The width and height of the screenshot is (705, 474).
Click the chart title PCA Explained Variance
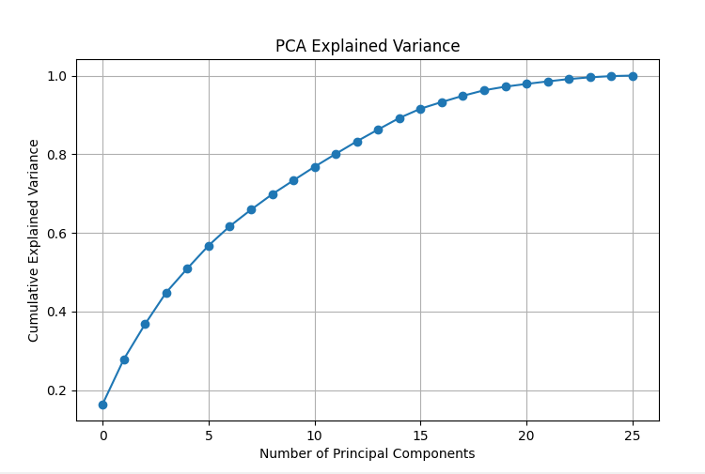tap(368, 46)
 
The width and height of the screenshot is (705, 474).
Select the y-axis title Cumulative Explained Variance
tap(34, 240)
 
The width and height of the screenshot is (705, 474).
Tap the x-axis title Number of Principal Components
tap(368, 453)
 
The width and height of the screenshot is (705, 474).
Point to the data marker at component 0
tap(102, 405)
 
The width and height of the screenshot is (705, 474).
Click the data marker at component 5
tap(209, 246)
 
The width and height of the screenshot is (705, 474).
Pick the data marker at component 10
tap(315, 167)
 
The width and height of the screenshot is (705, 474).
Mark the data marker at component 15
tap(420, 109)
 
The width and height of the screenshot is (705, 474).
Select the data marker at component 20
tap(526, 84)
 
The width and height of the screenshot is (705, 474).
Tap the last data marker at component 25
tap(633, 76)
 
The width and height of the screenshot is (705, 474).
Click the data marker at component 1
tap(124, 359)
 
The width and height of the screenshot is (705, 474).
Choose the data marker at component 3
tap(166, 293)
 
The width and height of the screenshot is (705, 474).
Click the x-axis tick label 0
tap(102, 436)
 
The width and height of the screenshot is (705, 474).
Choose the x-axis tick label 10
tap(315, 436)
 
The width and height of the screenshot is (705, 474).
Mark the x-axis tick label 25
tap(633, 436)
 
